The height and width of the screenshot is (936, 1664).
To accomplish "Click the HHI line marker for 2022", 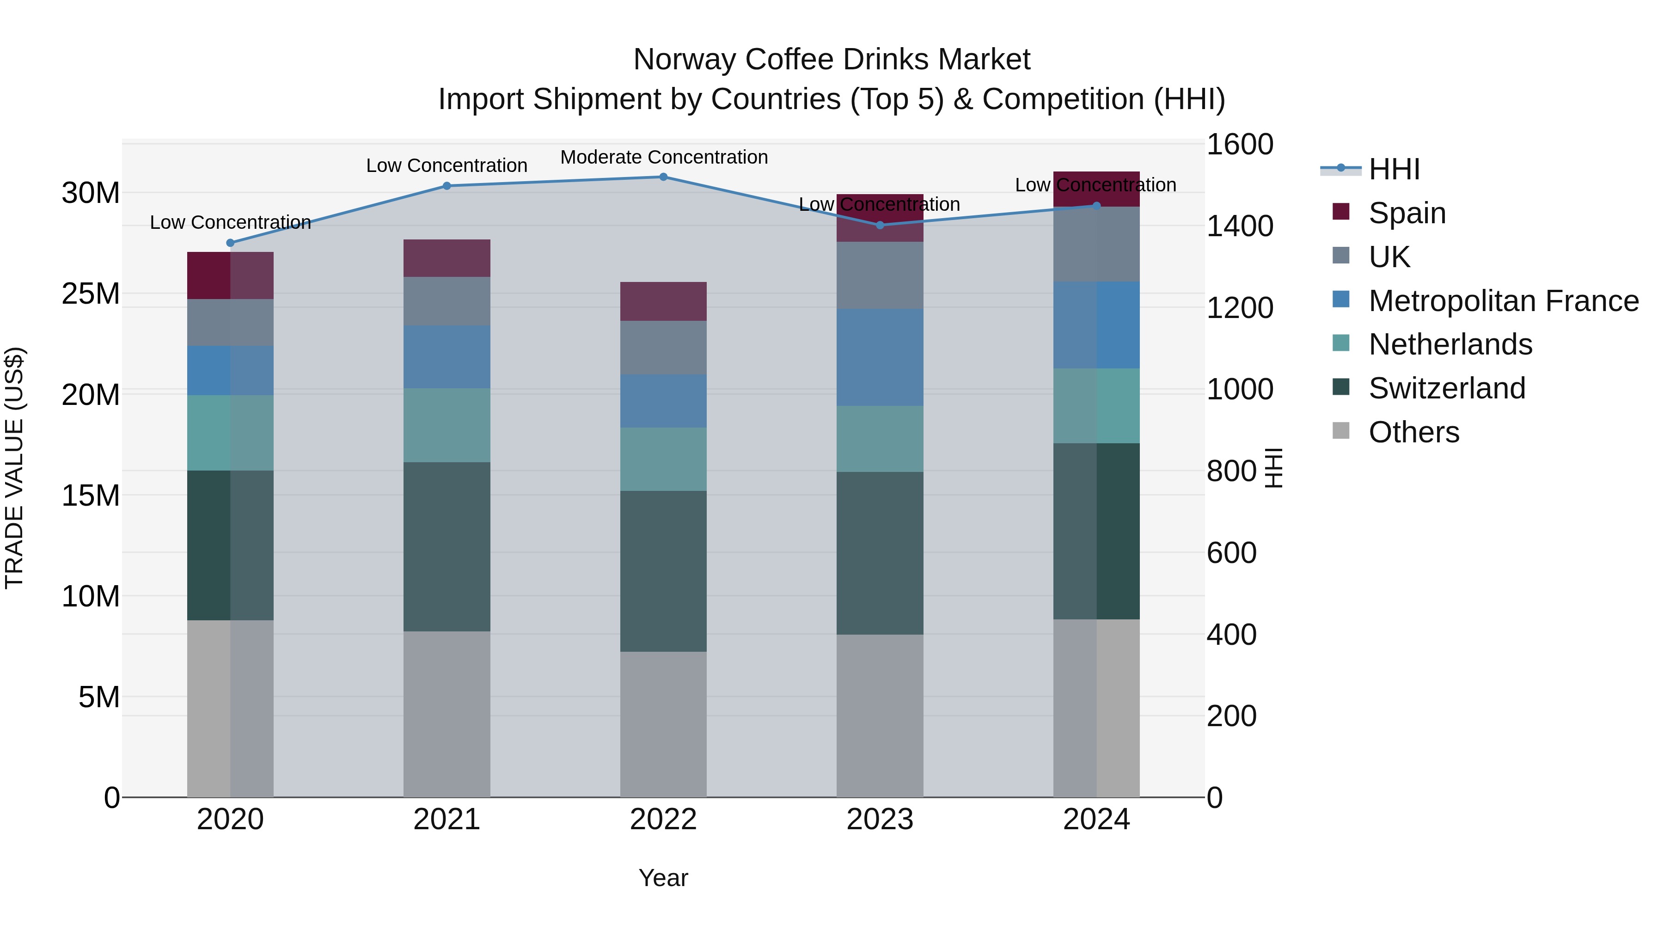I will pyautogui.click(x=663, y=177).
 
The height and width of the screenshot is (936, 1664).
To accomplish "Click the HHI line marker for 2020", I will pyautogui.click(x=230, y=243).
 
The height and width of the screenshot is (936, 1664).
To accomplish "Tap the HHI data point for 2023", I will pyautogui.click(x=879, y=225).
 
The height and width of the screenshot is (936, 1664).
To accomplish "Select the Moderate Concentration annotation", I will pyautogui.click(x=663, y=157).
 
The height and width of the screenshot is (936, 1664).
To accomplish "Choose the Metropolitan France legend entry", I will pyautogui.click(x=1503, y=300).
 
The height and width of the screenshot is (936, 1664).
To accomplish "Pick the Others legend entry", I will pyautogui.click(x=1413, y=432).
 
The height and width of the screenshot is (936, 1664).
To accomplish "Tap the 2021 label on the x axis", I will pyautogui.click(x=447, y=820).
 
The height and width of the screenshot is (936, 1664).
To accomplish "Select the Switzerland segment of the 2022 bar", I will pyautogui.click(x=663, y=570).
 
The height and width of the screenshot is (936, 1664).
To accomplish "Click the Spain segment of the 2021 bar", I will pyautogui.click(x=447, y=258).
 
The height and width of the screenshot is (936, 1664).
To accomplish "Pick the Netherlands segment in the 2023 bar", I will pyautogui.click(x=879, y=439).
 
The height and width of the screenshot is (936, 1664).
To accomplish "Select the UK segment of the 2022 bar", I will pyautogui.click(x=663, y=348).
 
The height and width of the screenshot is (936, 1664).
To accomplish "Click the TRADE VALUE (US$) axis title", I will pyautogui.click(x=14, y=468).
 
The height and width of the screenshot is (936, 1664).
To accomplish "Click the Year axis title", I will pyautogui.click(x=663, y=878).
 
